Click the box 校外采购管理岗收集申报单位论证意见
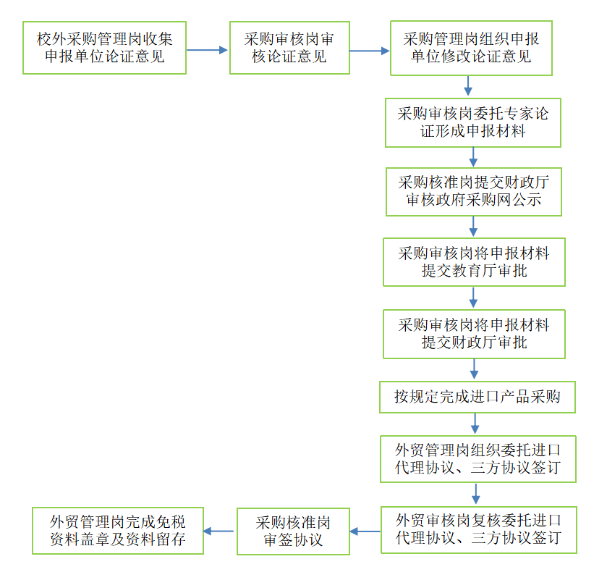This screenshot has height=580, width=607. point(105,48)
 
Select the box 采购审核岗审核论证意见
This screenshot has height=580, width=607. point(289,48)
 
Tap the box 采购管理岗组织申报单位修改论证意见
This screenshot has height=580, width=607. point(471,48)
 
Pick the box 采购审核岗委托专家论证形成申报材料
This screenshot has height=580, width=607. point(473,122)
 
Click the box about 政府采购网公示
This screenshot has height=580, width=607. point(473,191)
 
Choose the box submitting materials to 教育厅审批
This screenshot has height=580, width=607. point(474,261)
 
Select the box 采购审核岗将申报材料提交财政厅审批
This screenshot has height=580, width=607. point(474,334)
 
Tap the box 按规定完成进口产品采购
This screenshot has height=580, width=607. point(477,397)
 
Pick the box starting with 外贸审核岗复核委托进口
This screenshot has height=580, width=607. point(478,529)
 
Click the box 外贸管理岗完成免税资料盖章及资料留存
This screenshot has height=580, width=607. point(118,531)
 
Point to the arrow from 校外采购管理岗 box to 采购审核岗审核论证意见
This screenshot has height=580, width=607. point(208,50)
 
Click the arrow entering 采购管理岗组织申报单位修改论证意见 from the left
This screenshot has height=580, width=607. point(370,51)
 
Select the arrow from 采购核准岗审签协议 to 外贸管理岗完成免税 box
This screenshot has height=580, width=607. point(220,531)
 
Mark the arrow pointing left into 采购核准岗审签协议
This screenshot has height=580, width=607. point(365,531)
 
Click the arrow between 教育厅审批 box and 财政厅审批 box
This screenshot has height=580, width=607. point(474,298)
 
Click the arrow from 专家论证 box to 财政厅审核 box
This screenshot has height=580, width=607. point(474,157)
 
